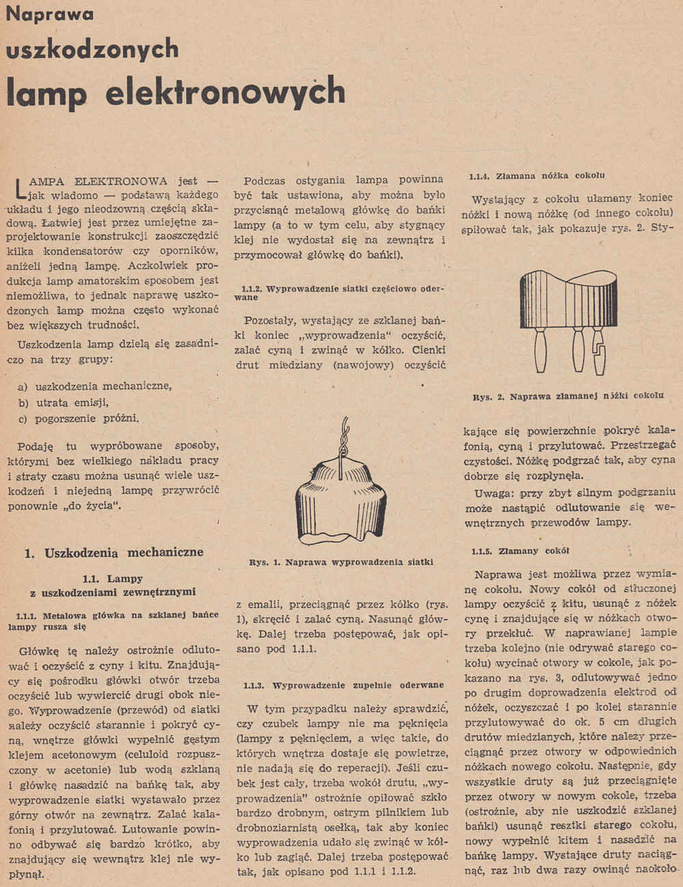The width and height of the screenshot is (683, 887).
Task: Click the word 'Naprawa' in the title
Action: (x=50, y=15)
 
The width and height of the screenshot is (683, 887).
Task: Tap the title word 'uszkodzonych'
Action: (x=92, y=50)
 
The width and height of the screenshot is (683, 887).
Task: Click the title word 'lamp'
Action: (x=46, y=92)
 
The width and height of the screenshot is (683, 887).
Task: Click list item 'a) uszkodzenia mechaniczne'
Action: (x=94, y=386)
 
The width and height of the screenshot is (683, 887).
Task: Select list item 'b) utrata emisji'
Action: (x=64, y=402)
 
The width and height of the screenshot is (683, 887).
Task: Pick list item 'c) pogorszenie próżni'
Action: (x=79, y=418)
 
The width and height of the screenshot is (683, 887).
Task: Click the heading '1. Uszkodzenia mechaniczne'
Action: (x=113, y=552)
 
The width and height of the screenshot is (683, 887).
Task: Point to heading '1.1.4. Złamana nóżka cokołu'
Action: (x=537, y=176)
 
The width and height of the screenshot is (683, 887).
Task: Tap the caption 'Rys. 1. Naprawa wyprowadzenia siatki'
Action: (x=341, y=562)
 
